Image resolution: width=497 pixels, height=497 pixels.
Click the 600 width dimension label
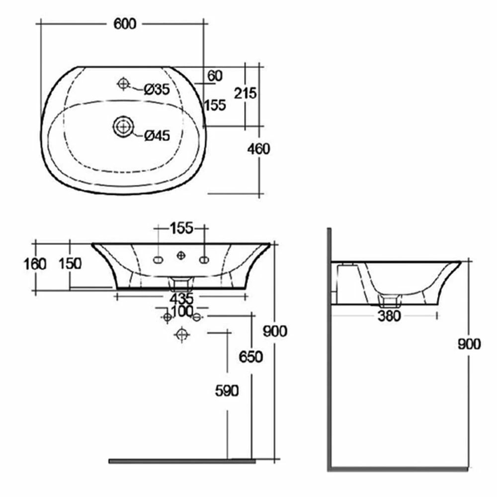tap(125, 24)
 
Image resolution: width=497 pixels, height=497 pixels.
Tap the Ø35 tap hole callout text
tap(157, 89)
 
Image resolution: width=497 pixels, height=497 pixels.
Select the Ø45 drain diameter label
tap(157, 136)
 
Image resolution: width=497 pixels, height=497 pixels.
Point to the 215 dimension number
tap(245, 93)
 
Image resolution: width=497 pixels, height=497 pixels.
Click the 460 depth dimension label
tap(258, 149)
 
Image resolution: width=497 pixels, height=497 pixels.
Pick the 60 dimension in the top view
tap(215, 76)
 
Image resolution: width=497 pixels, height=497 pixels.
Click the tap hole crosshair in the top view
tap(123, 83)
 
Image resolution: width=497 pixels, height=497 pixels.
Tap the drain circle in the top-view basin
tap(123, 127)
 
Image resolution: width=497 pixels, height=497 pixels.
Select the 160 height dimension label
tap(35, 264)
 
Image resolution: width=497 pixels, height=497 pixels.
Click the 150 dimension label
tap(70, 263)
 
